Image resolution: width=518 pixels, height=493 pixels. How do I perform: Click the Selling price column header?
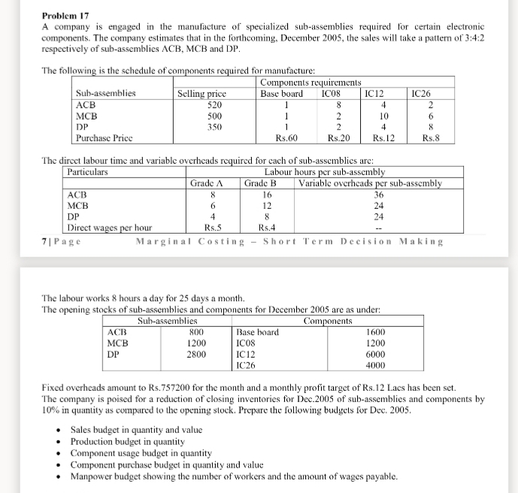pyautogui.click(x=201, y=94)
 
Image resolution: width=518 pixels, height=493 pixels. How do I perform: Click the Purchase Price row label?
pyautogui.click(x=105, y=138)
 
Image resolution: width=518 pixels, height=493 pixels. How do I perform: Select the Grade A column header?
pyautogui.click(x=208, y=183)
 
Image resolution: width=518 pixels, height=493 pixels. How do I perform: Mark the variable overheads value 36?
pyautogui.click(x=378, y=194)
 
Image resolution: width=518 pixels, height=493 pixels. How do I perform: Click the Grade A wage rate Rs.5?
pyautogui.click(x=213, y=227)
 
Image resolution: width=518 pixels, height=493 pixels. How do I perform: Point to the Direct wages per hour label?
pyautogui.click(x=109, y=227)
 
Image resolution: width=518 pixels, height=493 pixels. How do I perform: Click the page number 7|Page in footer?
pyautogui.click(x=62, y=241)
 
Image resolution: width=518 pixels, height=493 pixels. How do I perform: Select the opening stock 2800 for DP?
pyautogui.click(x=196, y=354)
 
